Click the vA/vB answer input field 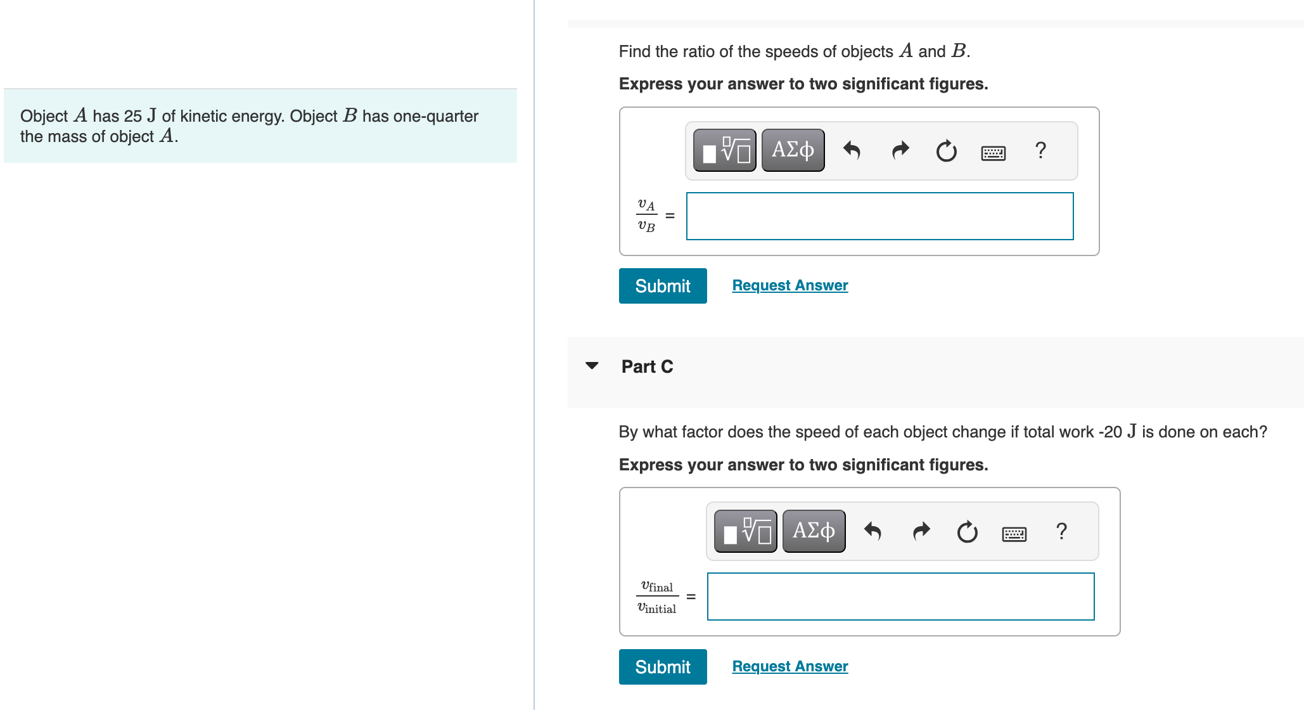tap(879, 216)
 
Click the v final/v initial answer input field tap(900, 597)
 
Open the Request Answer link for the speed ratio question tap(789, 285)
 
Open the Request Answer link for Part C tap(789, 666)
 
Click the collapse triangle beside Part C tap(592, 366)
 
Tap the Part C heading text tap(647, 366)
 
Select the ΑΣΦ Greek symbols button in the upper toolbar tap(793, 150)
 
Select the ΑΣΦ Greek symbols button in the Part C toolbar tap(814, 531)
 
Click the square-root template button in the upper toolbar tap(725, 150)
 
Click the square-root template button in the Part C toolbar tap(746, 531)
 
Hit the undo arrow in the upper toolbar tap(852, 150)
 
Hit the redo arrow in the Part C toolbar tap(921, 531)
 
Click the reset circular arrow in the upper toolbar tap(946, 151)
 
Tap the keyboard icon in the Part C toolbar tap(1014, 534)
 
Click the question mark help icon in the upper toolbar tap(1040, 150)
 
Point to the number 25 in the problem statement tap(133, 117)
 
